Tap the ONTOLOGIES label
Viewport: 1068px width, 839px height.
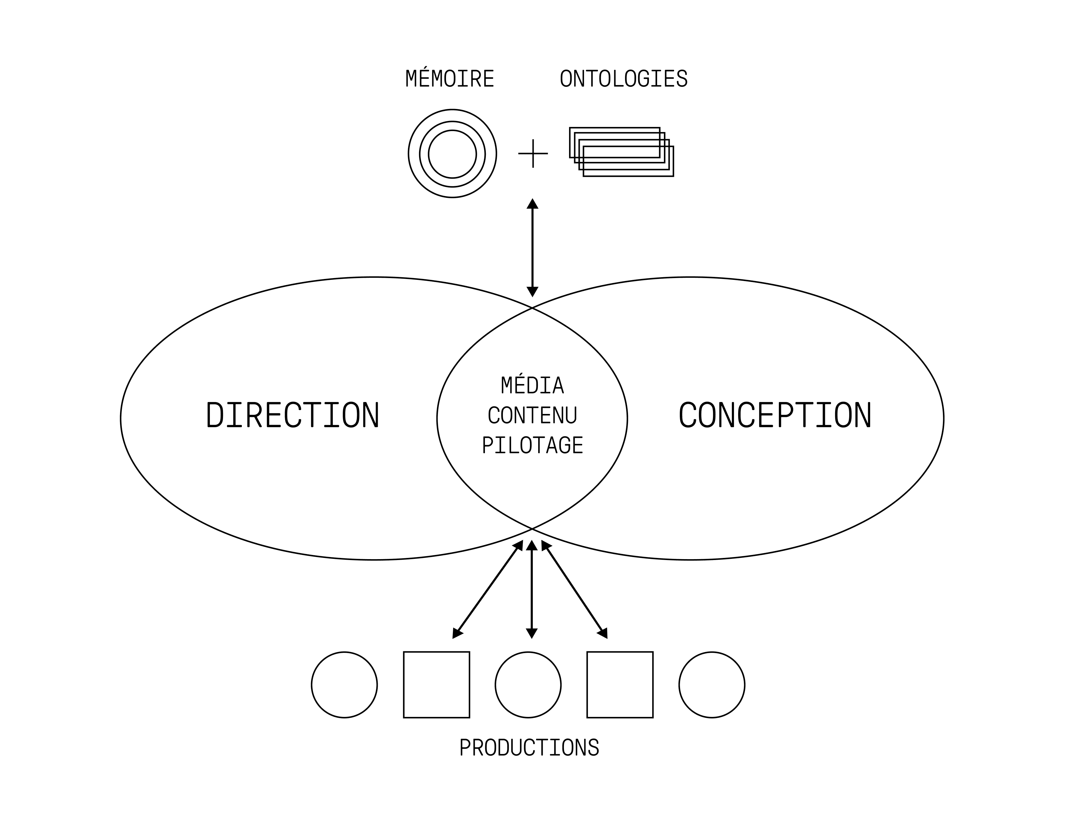(x=623, y=79)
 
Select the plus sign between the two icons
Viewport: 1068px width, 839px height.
(x=533, y=153)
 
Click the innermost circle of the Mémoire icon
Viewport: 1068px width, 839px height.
(x=453, y=130)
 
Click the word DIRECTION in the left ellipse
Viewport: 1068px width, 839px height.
(x=292, y=415)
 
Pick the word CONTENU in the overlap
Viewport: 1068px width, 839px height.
(x=533, y=415)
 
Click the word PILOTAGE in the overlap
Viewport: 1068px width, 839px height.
(x=533, y=445)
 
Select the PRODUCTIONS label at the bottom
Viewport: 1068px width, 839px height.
(x=529, y=748)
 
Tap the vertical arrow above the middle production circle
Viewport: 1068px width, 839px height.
(x=532, y=589)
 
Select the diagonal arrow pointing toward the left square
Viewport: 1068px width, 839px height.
(x=488, y=589)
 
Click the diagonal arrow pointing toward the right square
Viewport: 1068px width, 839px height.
(x=574, y=589)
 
